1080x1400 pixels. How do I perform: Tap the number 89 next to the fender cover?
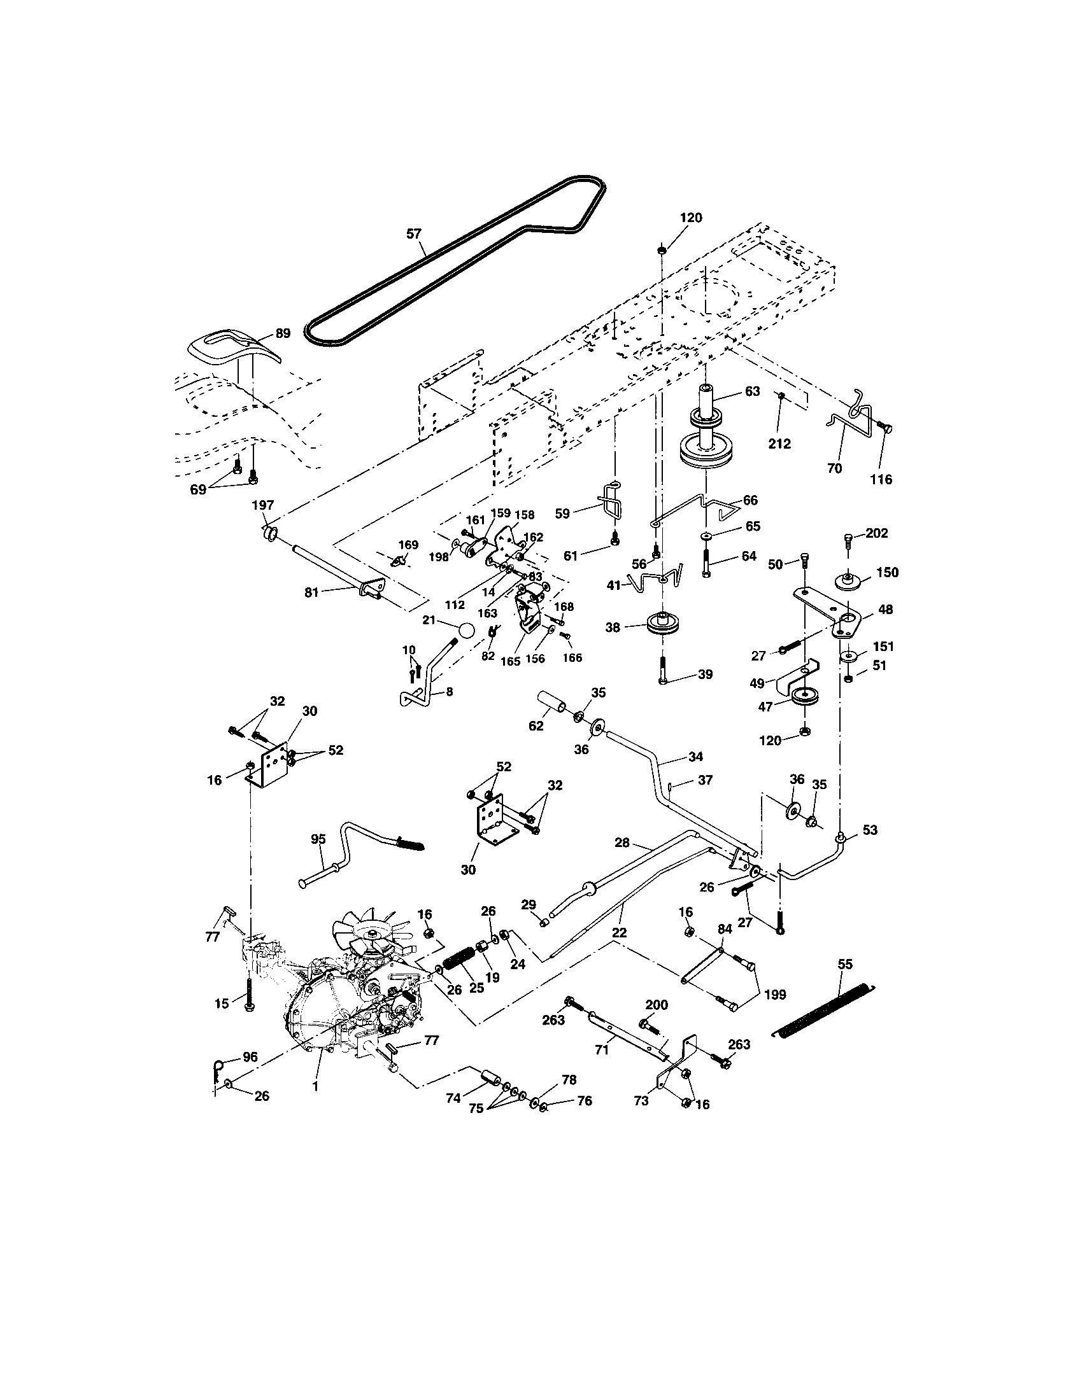point(283,333)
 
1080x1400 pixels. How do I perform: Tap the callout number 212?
point(780,444)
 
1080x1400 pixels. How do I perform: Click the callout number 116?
point(881,479)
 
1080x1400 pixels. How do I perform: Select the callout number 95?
point(319,839)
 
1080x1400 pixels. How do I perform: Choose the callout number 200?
point(657,1004)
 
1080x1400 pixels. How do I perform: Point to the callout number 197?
point(262,506)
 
